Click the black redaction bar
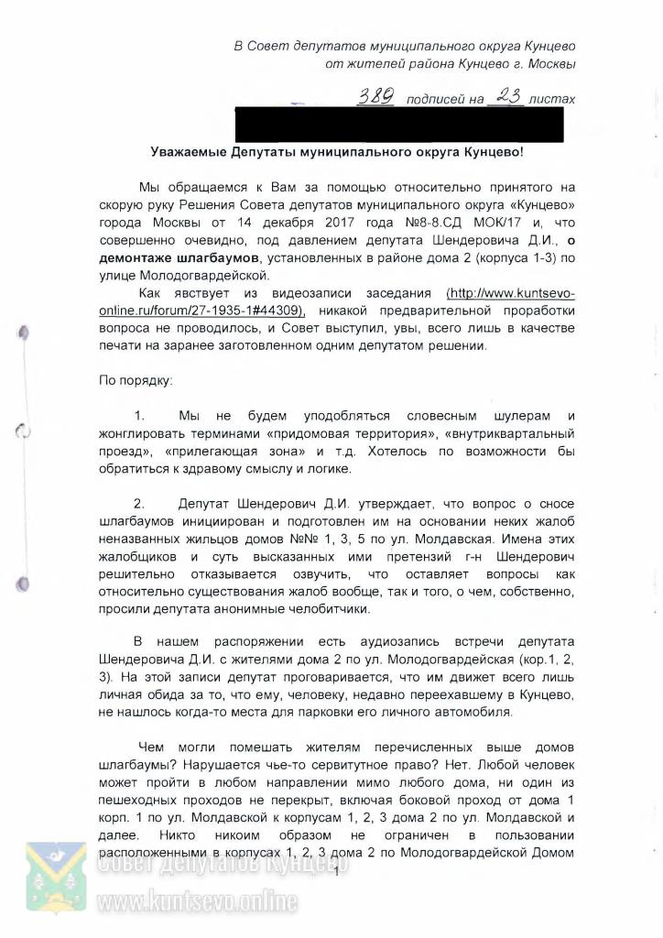tap(399, 124)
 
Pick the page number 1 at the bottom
tap(337, 871)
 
